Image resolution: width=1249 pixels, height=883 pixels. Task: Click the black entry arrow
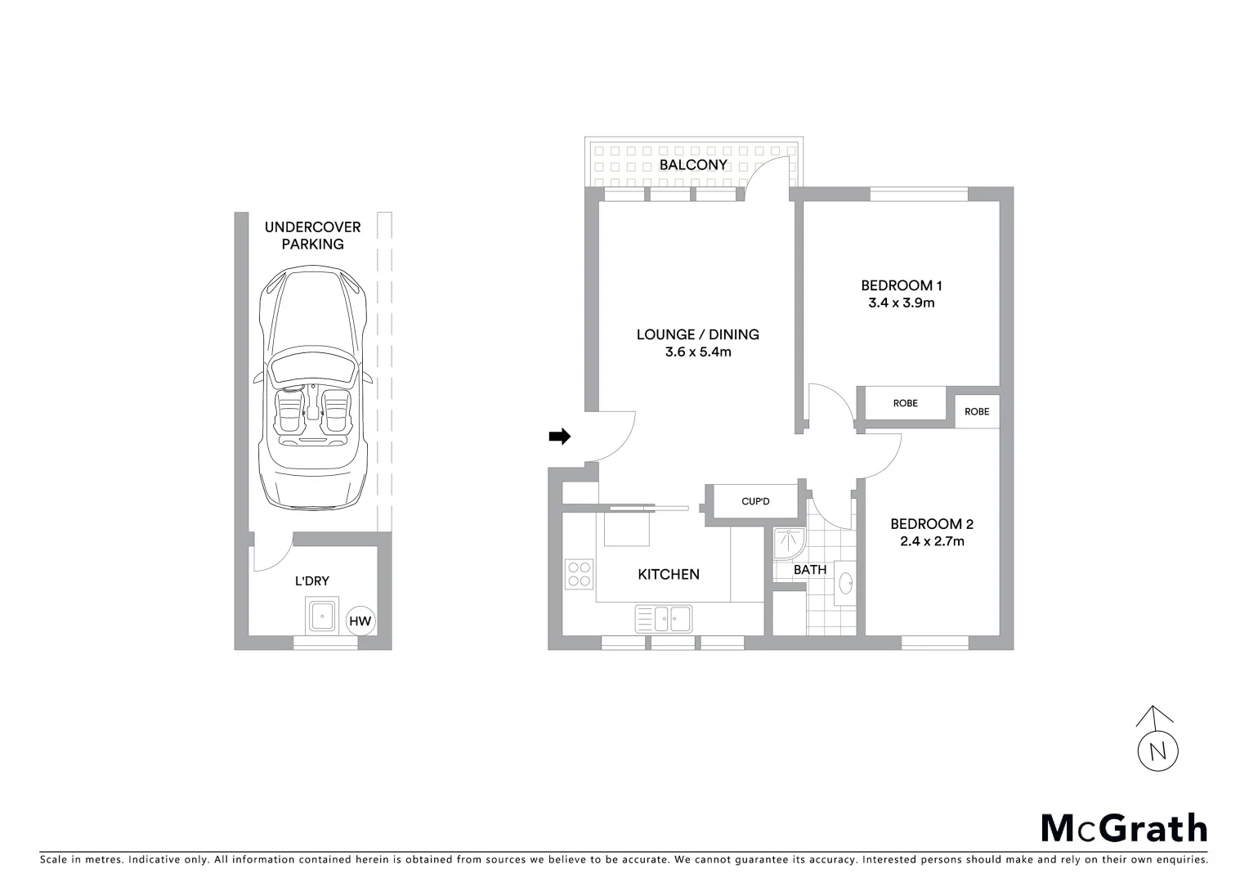coord(559,437)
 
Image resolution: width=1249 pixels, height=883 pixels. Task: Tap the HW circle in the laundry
coord(360,621)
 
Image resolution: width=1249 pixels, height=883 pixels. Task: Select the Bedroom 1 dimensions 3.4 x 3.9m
coord(901,303)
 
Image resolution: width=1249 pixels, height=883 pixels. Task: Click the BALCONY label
coord(693,164)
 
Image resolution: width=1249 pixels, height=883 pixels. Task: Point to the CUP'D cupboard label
coord(755,501)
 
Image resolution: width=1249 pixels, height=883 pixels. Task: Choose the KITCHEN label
coord(668,575)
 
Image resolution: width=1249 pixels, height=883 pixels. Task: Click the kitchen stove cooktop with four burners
coord(580,573)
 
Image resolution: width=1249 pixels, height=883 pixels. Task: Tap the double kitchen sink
coord(664,618)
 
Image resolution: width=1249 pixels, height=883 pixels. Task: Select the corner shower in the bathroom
coord(787,540)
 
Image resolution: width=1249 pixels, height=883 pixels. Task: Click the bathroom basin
coord(846,584)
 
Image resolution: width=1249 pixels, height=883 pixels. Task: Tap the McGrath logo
coord(1123,827)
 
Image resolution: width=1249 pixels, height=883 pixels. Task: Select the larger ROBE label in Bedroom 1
coord(905,403)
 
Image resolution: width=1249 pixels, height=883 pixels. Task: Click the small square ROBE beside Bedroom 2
coord(977,411)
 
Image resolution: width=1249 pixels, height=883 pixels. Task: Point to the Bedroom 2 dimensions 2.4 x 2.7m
coord(932,541)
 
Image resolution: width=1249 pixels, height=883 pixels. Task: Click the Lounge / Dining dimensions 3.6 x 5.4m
coord(697,352)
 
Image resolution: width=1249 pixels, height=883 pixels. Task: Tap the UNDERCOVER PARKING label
coord(312,235)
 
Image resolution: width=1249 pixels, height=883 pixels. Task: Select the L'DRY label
coord(311,581)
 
